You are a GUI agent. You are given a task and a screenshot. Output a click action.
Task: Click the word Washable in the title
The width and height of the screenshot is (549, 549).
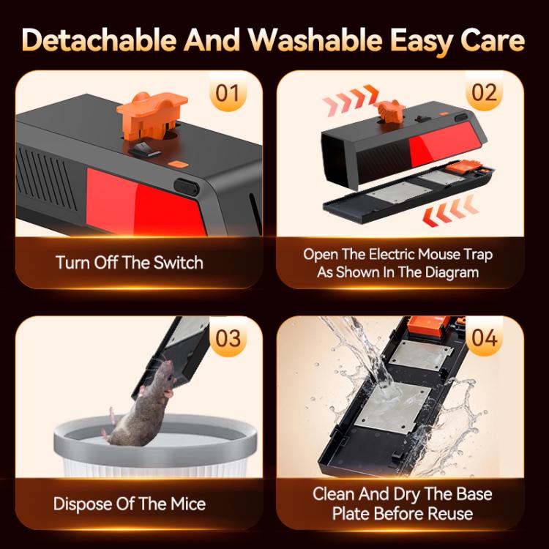315,40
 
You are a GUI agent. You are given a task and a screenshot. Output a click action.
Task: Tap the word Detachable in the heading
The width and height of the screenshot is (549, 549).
99,40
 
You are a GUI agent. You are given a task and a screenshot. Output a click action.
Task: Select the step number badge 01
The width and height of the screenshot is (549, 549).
228,93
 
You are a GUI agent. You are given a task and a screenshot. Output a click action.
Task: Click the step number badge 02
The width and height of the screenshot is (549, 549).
485,93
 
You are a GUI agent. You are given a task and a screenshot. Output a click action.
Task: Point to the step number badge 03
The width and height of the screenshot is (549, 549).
228,338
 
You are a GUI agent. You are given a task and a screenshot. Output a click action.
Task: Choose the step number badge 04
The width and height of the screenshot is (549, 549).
485,338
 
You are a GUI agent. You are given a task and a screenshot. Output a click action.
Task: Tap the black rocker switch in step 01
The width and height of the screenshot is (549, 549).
144,150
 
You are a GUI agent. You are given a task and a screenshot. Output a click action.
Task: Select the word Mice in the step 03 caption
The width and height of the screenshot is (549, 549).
188,504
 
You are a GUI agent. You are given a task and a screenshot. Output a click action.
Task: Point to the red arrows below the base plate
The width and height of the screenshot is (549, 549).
450,210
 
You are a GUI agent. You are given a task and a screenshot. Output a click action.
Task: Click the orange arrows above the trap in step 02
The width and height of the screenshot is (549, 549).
351,100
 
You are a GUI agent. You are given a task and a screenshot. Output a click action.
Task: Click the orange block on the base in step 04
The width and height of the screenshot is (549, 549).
428,326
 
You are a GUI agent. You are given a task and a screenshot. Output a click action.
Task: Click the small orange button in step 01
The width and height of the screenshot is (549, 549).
178,164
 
